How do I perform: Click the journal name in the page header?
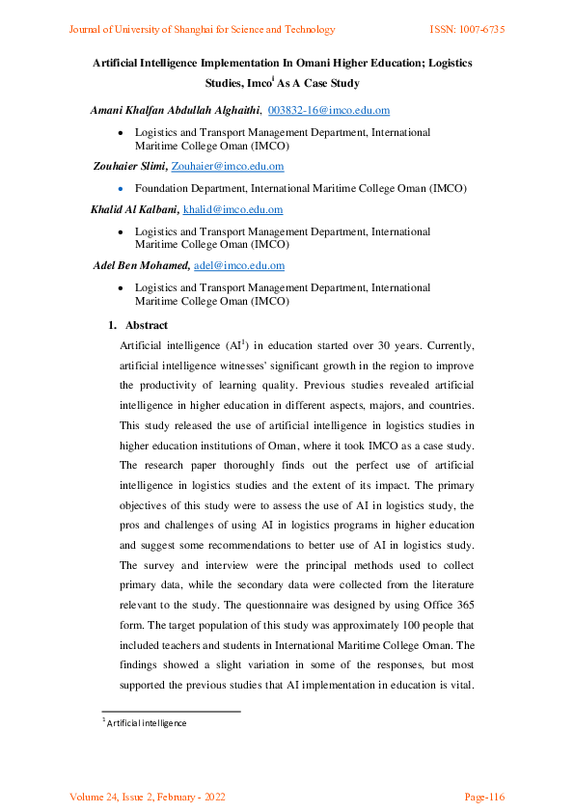(202, 30)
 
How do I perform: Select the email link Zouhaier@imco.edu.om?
(227, 166)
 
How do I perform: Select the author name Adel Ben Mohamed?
(141, 265)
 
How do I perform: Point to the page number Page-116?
(485, 797)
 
